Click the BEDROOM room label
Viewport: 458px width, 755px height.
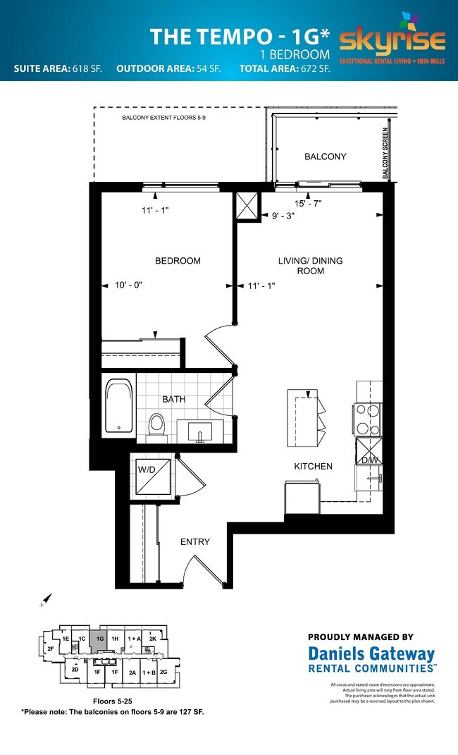178,261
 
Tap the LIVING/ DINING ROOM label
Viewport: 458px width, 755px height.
310,266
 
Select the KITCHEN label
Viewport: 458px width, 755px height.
313,467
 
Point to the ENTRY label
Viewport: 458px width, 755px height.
194,541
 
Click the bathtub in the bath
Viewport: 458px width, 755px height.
118,407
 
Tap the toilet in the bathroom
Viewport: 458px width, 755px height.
156,425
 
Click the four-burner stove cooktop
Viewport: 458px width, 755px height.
369,419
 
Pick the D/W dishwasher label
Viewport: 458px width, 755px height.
369,460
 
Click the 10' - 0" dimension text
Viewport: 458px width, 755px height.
128,286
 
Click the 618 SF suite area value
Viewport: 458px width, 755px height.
87,69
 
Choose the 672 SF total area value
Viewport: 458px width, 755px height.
315,69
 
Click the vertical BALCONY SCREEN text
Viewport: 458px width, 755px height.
385,153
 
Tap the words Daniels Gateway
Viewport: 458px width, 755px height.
371,654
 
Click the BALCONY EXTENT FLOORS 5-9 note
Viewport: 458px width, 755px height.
163,118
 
